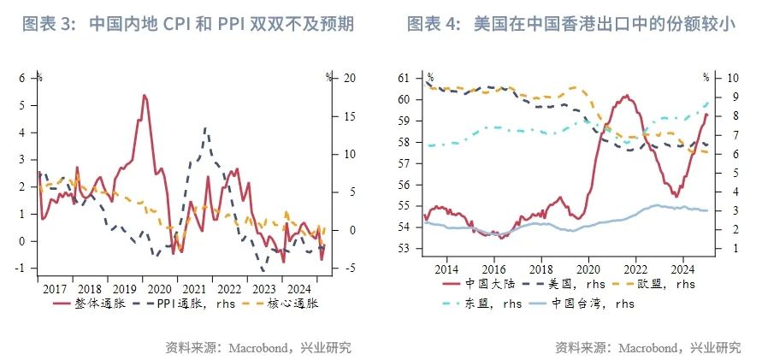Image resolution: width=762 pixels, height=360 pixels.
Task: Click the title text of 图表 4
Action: (x=570, y=23)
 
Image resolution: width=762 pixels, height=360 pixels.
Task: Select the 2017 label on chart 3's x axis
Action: (x=55, y=288)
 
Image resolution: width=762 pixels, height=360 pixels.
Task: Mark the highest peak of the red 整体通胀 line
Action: (x=144, y=95)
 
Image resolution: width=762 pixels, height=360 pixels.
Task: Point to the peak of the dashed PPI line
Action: (x=205, y=128)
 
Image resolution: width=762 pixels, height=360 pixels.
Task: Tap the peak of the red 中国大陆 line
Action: (x=626, y=95)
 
